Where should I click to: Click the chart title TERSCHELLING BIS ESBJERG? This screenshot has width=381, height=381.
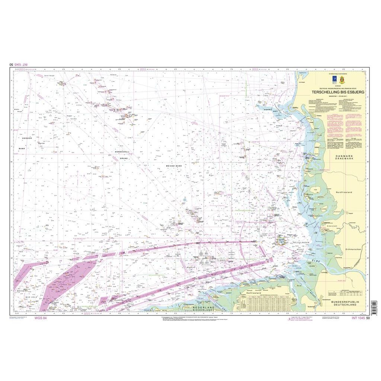[338, 91]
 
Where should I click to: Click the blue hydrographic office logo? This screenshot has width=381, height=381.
[334, 79]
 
